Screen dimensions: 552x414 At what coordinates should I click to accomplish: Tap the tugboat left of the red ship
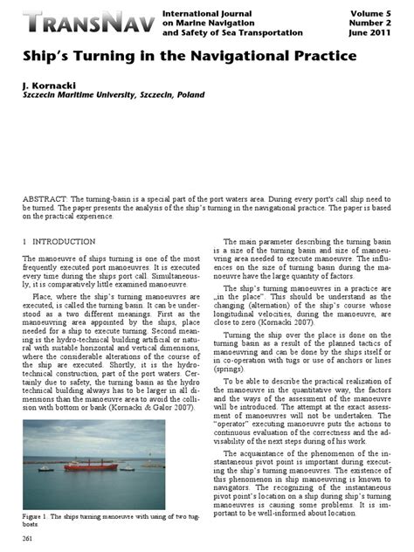46,469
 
